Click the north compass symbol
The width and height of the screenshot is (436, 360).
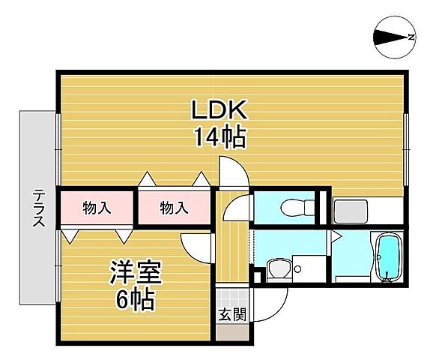(395, 37)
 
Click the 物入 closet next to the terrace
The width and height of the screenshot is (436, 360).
(97, 208)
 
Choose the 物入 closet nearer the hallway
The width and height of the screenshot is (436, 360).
(175, 208)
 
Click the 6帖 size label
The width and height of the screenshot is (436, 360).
(135, 300)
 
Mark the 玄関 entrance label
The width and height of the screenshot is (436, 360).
(231, 313)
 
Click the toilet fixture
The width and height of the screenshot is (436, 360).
(290, 208)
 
